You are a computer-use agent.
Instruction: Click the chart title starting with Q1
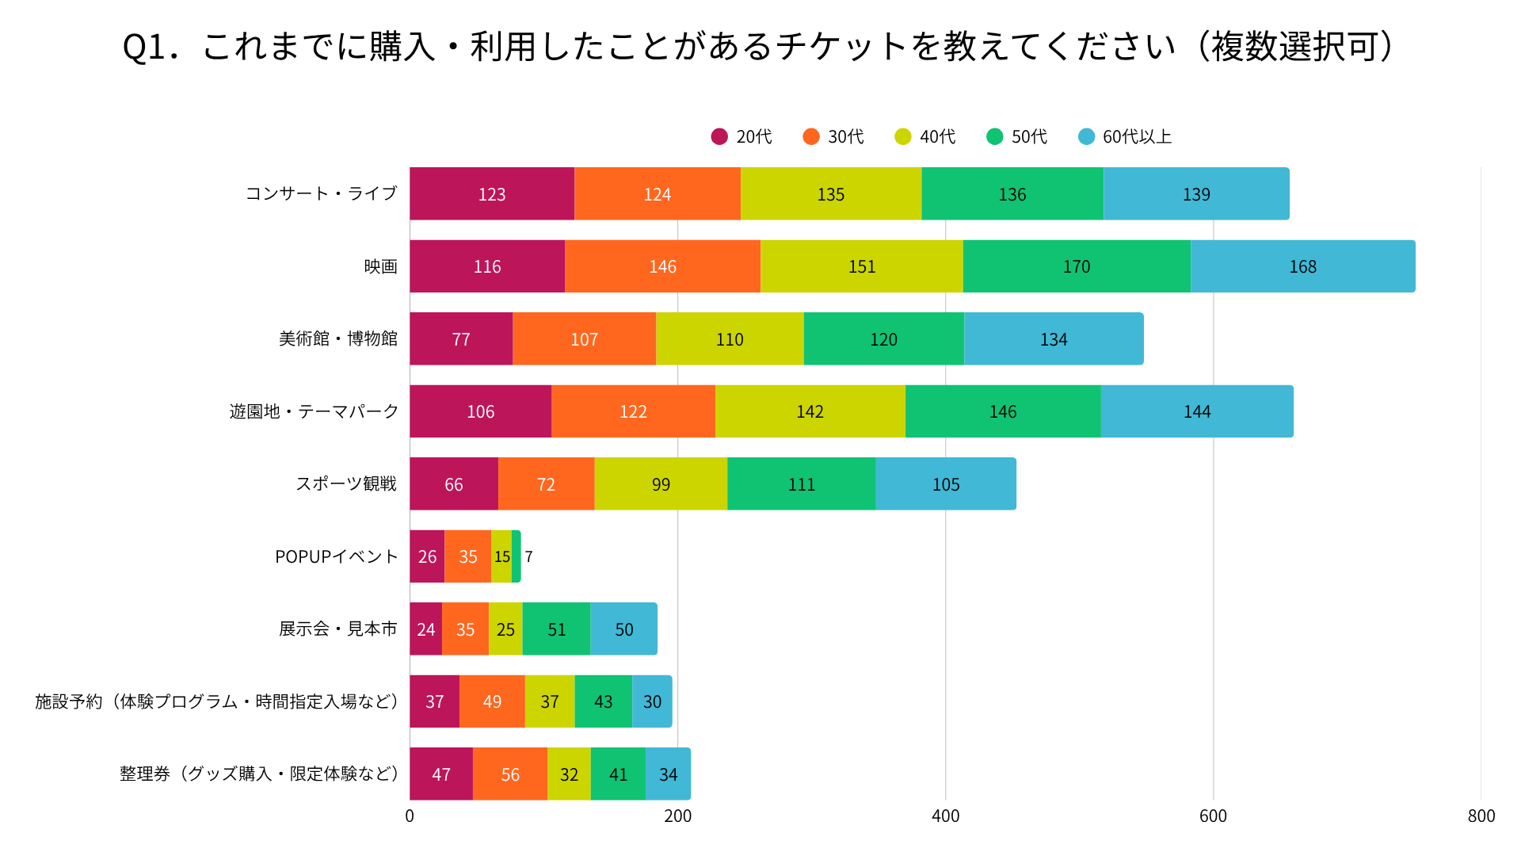(759, 47)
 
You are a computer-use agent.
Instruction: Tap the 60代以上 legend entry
(1125, 137)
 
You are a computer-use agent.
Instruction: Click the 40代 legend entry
(925, 137)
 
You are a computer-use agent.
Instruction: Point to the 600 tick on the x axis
(1213, 816)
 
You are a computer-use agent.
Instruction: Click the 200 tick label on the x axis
(677, 816)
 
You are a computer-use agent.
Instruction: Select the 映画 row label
(380, 266)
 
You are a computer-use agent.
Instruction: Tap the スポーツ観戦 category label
(345, 483)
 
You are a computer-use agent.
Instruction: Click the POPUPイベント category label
(336, 556)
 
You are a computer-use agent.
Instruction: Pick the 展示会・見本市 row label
(337, 629)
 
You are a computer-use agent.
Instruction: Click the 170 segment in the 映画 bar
(1076, 266)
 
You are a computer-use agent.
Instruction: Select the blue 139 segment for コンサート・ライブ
(1195, 194)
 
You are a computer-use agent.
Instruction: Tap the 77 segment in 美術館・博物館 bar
(460, 339)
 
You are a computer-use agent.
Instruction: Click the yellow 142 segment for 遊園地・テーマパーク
(810, 411)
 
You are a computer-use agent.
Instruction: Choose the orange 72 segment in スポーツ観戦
(546, 484)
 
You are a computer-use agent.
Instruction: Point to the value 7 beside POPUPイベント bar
(528, 556)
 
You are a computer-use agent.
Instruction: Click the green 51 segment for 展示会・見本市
(556, 629)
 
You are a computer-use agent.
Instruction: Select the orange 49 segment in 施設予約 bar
(492, 701)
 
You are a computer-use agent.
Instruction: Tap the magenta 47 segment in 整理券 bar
(441, 774)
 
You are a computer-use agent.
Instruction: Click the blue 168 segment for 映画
(1302, 266)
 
